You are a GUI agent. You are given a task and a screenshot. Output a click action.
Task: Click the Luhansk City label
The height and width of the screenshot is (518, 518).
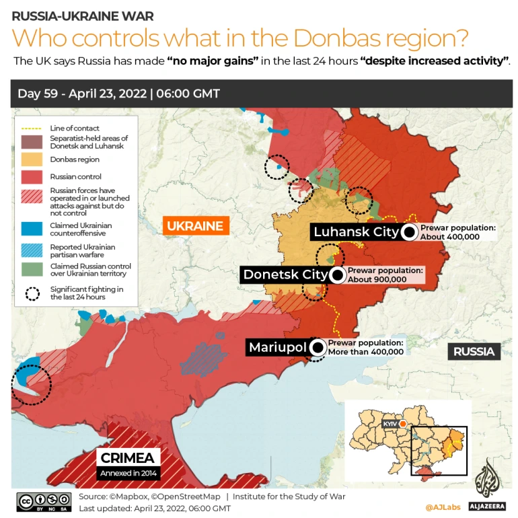355,233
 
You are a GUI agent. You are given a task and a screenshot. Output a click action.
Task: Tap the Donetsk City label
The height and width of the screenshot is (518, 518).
285,274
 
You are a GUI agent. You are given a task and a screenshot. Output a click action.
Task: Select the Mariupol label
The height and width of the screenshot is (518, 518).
277,348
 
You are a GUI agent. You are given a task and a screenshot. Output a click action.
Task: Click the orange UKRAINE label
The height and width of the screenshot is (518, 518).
194,226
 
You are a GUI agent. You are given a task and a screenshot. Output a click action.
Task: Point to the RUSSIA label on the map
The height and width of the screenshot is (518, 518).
473,351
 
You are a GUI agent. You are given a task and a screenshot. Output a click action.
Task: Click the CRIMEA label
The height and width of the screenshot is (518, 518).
128,458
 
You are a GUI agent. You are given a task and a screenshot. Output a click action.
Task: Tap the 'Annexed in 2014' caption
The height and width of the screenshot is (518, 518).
128,474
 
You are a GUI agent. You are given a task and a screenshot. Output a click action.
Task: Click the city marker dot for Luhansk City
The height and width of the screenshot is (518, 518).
408,233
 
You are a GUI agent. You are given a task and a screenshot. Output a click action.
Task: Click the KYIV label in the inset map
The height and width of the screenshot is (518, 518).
389,424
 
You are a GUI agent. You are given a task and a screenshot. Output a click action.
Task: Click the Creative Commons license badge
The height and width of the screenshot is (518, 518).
44,502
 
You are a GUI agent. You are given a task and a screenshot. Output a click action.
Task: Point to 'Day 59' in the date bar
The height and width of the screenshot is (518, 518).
36,94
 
